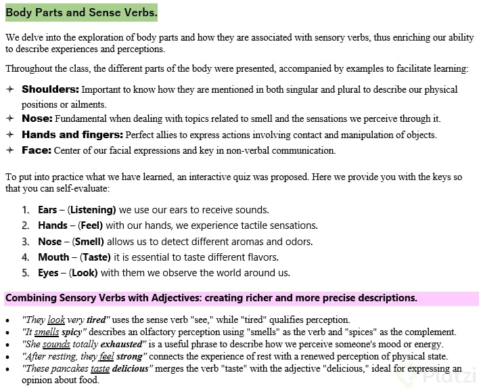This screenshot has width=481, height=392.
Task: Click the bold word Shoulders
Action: tap(50, 89)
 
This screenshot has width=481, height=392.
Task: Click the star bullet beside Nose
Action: tap(9, 119)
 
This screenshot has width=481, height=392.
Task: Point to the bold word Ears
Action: tap(47, 210)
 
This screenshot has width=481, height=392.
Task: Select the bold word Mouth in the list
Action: tap(53, 257)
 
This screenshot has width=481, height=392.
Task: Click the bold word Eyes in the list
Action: tap(48, 273)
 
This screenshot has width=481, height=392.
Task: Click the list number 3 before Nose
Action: tap(25, 242)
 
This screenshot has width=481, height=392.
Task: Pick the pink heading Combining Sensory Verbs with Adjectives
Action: tap(211, 298)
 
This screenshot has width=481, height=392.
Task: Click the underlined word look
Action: tap(56, 320)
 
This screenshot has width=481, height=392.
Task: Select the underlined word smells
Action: tap(47, 332)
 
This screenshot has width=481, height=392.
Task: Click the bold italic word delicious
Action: tap(131, 369)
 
